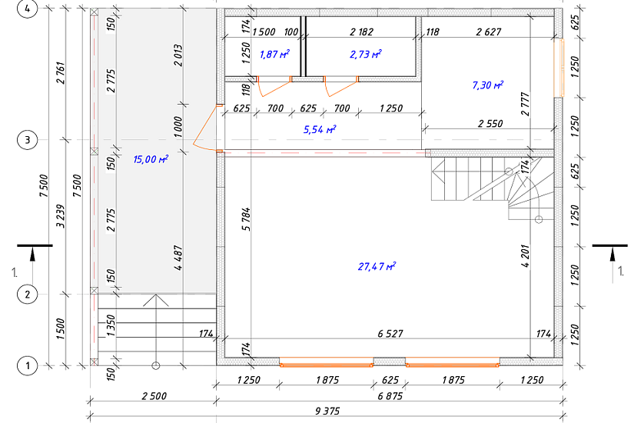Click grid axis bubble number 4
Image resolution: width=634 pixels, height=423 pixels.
click(x=27, y=8)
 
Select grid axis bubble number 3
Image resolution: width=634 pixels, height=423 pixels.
click(x=27, y=140)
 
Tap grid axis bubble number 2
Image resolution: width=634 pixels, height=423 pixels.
click(x=27, y=295)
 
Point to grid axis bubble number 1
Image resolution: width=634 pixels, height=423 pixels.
click(x=27, y=366)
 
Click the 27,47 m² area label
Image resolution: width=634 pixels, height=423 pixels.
click(x=377, y=266)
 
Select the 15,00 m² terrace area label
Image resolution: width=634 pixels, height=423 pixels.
click(x=151, y=159)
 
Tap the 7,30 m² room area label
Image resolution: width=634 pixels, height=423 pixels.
click(x=488, y=85)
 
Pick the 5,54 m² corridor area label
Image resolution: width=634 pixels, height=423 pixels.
click(x=320, y=129)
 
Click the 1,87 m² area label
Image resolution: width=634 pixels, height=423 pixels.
click(x=274, y=54)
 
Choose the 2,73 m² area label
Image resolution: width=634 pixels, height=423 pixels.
click(x=366, y=54)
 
